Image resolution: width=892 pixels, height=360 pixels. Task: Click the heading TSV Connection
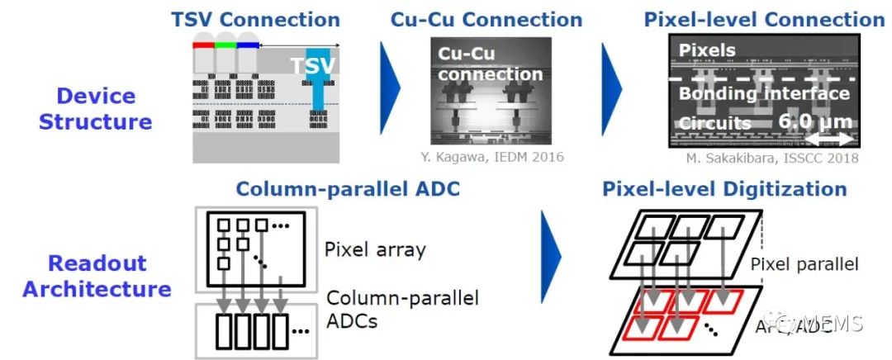pos(255,19)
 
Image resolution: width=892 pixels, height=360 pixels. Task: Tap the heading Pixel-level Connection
pos(765,19)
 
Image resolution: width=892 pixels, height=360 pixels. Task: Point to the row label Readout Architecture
pos(97,277)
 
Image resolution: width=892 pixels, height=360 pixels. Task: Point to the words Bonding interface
pos(764,93)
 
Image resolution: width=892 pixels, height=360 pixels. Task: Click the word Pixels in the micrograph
pos(706,50)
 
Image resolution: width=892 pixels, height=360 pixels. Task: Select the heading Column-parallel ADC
pos(348,188)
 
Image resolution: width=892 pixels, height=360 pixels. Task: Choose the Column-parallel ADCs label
pos(403,308)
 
